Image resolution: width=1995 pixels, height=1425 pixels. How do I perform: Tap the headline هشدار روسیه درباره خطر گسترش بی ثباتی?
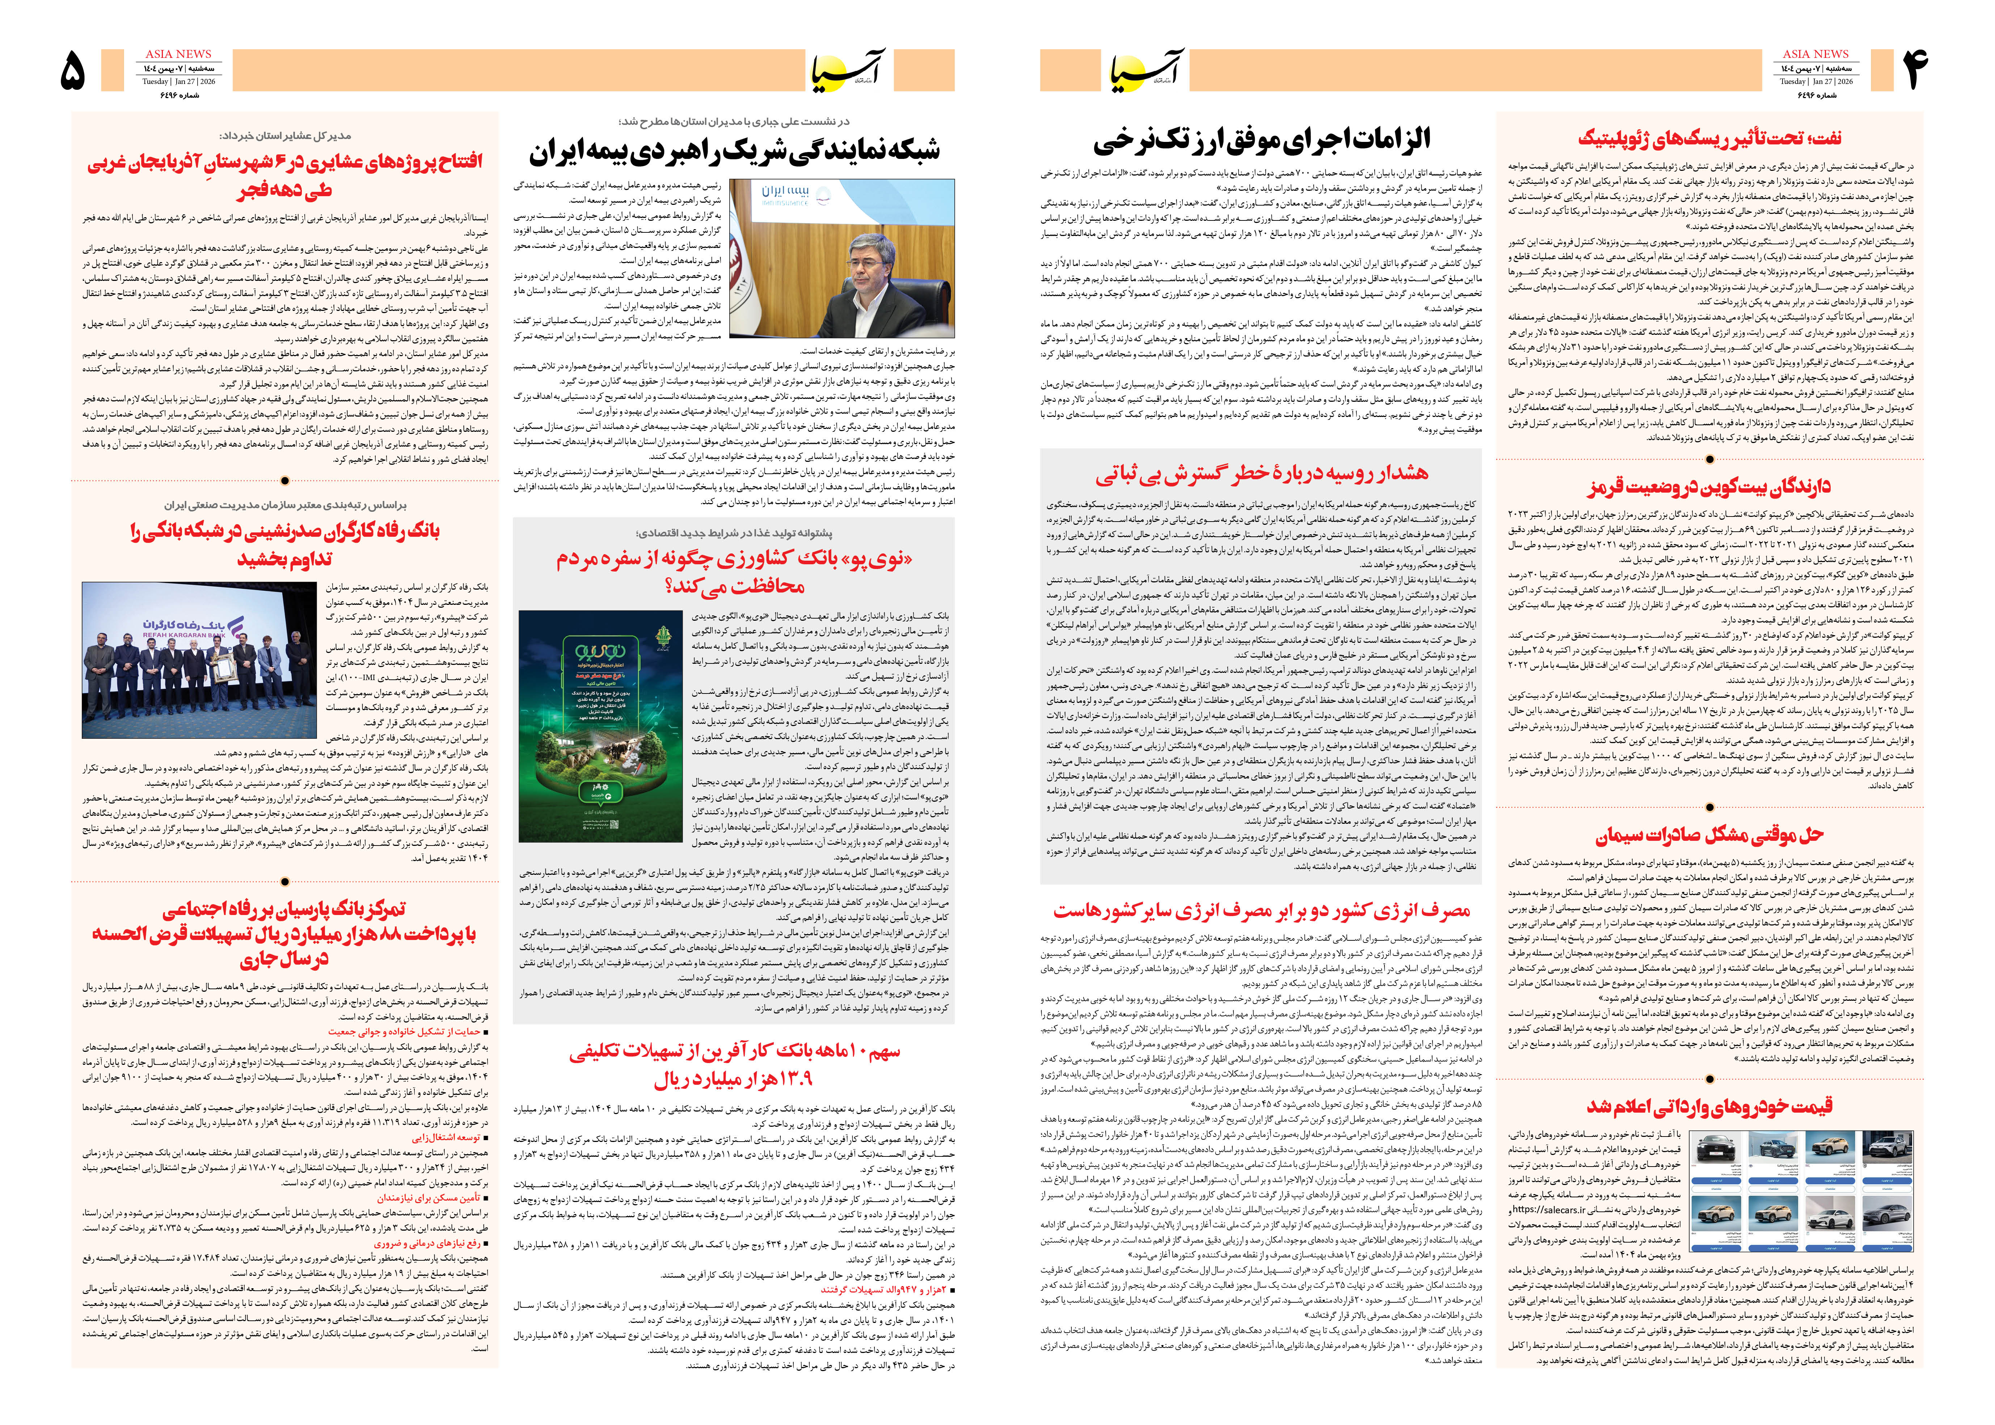click(x=1262, y=475)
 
